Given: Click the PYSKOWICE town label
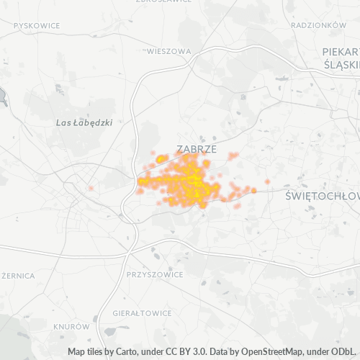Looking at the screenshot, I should pos(37,25).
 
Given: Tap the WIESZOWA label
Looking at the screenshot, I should pos(168,52).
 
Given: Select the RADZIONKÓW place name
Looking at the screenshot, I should pos(319,24).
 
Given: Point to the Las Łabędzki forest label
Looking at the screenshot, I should pos(84,122).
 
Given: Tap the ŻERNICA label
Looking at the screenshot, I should pos(19,275).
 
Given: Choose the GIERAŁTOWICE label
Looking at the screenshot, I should pos(142,313).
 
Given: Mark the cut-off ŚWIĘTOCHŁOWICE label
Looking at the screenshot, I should pos(323,196).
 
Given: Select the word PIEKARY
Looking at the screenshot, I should pos(341,52).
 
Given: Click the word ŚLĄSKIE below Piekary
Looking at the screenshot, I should pos(342,64).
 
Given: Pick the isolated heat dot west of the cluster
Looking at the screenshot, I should pos(91,189).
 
